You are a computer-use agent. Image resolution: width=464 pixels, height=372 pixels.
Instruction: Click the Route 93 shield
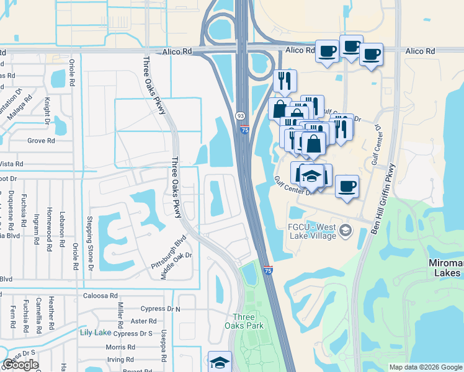[239, 116]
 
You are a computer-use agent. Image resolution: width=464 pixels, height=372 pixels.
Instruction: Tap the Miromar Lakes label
[445, 268]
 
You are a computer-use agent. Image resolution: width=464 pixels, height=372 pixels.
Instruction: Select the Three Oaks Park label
[248, 321]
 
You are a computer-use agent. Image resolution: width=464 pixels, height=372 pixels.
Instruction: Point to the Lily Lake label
[95, 332]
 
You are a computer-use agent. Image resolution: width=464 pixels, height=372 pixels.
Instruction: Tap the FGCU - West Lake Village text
[312, 231]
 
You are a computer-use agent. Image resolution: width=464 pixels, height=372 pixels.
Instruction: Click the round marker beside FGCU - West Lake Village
[346, 232]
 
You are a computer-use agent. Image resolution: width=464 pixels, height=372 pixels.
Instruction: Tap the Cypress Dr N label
[159, 309]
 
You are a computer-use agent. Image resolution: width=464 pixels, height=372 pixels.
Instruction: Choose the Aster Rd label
[144, 321]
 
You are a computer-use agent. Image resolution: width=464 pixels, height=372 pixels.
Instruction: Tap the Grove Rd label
[41, 141]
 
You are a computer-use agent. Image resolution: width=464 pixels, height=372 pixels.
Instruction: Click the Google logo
[20, 365]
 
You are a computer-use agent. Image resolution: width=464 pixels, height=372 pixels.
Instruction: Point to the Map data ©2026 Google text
[425, 367]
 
